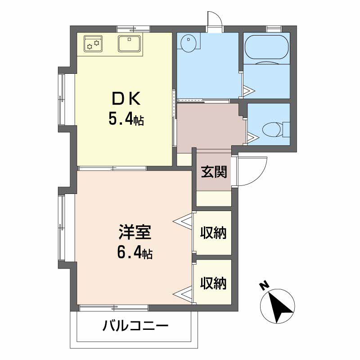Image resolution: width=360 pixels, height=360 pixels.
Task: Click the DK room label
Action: pos(126,99)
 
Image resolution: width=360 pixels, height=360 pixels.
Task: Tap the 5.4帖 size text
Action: pos(126,119)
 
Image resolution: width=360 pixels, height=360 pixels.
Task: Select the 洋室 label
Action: pos(135,232)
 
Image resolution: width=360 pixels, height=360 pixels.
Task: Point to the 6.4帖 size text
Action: pos(135,253)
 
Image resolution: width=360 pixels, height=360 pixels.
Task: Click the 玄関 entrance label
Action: pos(214,172)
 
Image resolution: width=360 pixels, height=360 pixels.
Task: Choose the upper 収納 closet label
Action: pos(213,233)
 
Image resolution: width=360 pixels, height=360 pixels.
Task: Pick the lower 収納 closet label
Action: pos(213,283)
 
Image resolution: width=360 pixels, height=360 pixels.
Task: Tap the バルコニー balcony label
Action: pos(135,326)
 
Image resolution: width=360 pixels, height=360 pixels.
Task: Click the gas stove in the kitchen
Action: pos(93,44)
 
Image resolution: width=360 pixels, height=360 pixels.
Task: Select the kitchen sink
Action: pos(130,43)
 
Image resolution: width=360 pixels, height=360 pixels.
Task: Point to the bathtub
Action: pos(266,48)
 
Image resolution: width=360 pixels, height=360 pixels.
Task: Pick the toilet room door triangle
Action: pos(253,138)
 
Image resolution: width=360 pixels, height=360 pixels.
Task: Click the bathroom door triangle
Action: pos(249,91)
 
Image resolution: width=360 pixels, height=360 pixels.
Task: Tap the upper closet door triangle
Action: pos(183,221)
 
